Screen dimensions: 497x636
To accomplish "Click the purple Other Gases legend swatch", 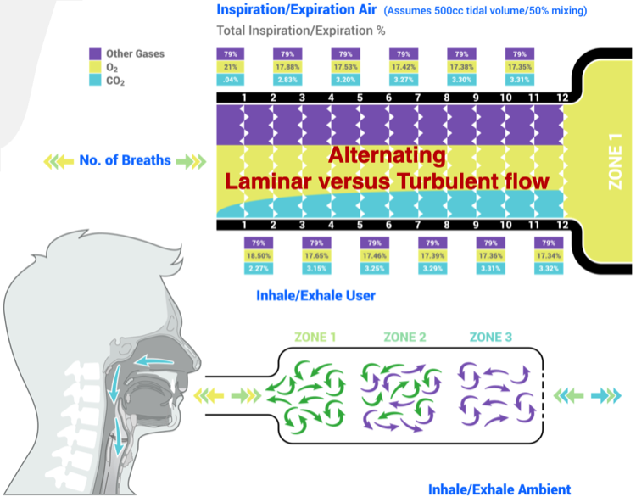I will (x=96, y=54).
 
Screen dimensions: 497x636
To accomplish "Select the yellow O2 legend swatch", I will (x=96, y=68).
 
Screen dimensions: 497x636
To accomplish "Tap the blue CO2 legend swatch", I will (x=96, y=81).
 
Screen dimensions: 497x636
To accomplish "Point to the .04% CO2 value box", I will (x=231, y=81).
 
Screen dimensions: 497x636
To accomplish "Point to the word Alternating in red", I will (x=386, y=156).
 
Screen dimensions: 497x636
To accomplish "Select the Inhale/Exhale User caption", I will (x=315, y=296).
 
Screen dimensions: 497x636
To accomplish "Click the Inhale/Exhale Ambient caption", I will (x=499, y=489).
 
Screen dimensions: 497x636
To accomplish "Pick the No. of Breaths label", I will (x=126, y=159).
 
